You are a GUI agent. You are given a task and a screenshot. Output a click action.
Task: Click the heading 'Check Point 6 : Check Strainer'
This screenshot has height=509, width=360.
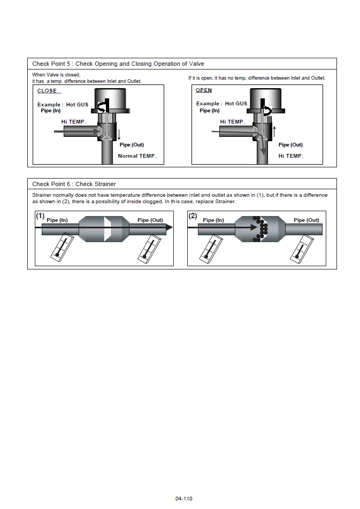click(x=74, y=184)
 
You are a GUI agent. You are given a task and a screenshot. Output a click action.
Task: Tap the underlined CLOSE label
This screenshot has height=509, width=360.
click(x=47, y=91)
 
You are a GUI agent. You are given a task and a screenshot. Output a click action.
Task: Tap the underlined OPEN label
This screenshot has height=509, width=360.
click(x=204, y=90)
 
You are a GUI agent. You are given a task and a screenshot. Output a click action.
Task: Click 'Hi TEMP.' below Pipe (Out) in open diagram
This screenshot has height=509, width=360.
click(x=291, y=156)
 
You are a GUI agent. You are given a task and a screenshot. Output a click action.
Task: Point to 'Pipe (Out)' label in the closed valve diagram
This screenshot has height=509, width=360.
click(x=132, y=145)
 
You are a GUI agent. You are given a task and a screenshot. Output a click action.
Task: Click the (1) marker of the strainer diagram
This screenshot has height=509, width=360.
click(x=40, y=217)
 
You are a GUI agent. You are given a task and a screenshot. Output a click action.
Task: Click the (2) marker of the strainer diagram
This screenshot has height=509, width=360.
click(x=193, y=217)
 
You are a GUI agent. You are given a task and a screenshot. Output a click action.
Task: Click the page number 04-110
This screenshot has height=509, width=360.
click(x=183, y=499)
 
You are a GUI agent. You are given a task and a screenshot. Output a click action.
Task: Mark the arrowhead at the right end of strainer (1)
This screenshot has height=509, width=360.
click(x=168, y=227)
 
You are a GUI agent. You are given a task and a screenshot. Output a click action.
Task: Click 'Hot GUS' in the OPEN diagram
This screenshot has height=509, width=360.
click(x=236, y=104)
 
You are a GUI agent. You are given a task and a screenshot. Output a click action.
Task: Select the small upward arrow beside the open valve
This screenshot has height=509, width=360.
click(x=274, y=130)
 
